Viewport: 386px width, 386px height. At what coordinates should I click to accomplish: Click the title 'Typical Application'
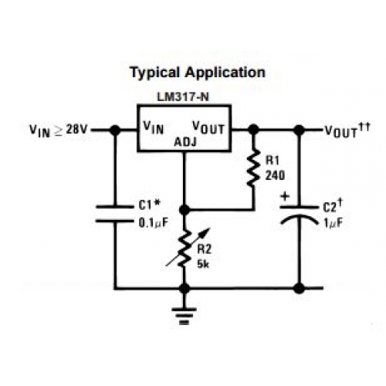tap(198, 73)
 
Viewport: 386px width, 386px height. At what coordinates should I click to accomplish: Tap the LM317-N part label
tap(183, 97)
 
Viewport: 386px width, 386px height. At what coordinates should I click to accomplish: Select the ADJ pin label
tap(185, 142)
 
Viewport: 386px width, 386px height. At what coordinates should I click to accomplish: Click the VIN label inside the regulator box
tap(154, 127)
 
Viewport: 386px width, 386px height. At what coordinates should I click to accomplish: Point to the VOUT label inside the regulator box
tap(208, 127)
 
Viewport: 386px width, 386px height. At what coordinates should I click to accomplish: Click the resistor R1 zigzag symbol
tap(253, 168)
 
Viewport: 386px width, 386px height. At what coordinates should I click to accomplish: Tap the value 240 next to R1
tap(275, 175)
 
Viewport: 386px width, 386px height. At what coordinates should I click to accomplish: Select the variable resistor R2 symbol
tap(188, 249)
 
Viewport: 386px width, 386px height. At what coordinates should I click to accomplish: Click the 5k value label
tap(203, 264)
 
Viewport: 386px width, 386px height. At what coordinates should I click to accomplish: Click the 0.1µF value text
tap(154, 223)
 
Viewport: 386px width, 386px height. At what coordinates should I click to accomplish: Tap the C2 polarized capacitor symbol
tap(299, 215)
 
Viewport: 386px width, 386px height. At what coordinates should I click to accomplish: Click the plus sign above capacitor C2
tap(285, 197)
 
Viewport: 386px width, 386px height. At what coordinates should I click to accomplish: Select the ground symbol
tap(185, 316)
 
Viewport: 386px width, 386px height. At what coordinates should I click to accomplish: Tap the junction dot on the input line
tap(115, 130)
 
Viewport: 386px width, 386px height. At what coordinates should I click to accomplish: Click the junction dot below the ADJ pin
tap(185, 210)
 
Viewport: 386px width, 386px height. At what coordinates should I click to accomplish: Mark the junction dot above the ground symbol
tap(185, 289)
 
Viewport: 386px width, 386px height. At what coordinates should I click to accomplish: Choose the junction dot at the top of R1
tap(253, 129)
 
